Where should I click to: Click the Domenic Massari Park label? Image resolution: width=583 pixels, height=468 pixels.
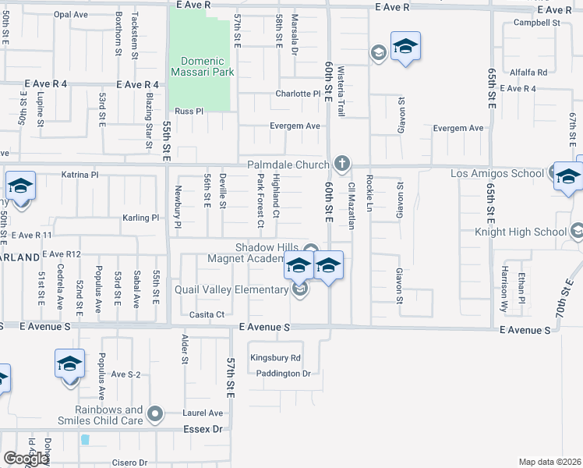(202, 66)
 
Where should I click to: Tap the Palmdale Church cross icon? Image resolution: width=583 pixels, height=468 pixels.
(341, 165)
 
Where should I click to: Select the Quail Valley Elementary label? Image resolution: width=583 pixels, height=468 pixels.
(243, 289)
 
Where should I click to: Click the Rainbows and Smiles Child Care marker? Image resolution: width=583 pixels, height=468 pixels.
(155, 413)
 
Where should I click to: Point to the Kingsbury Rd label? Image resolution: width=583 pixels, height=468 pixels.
(275, 358)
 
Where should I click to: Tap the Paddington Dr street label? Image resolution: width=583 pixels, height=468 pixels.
(284, 373)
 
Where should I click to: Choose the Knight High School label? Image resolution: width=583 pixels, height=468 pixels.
(521, 232)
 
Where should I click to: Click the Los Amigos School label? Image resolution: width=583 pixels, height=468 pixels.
(496, 172)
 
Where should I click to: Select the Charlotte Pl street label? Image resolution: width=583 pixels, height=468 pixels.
(298, 94)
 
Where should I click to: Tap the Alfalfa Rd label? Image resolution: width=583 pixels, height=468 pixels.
(528, 72)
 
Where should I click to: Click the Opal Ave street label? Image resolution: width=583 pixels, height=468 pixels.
(71, 14)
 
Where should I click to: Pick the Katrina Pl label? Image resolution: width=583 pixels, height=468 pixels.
(79, 175)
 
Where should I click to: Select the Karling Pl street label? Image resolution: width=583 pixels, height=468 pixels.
(140, 218)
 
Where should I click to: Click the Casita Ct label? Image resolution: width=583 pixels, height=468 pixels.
(207, 314)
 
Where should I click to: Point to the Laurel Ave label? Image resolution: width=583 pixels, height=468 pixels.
(204, 413)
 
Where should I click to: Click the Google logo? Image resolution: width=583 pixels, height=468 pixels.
(26, 459)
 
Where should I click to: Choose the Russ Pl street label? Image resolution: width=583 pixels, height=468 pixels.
(189, 111)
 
